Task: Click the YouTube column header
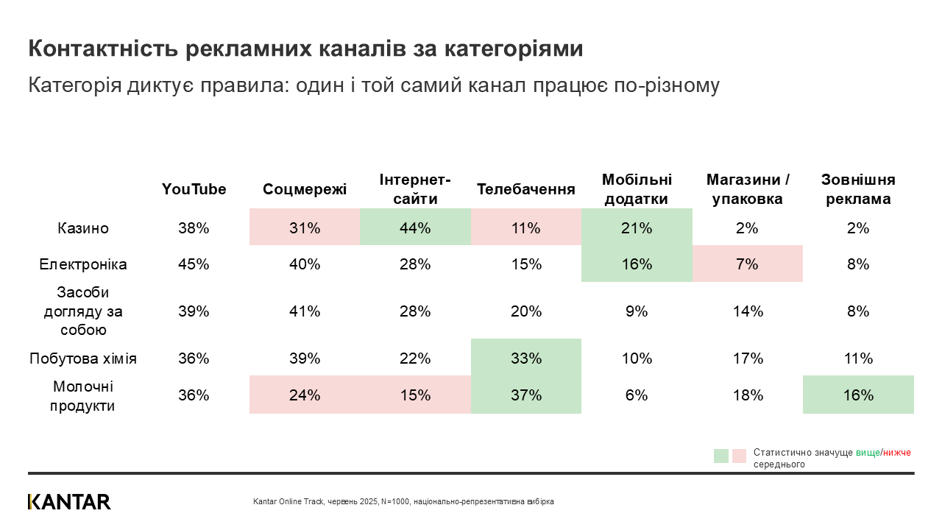coord(194,189)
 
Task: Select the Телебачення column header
coord(525,189)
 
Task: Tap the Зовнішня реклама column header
coord(858,189)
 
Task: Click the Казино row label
coord(83,228)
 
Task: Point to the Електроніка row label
coord(83,264)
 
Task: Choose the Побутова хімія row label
coord(83,358)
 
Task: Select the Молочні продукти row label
coord(83,395)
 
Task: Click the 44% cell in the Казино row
coord(415,228)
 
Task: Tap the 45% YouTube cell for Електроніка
coord(194,264)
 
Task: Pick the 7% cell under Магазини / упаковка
coord(747,264)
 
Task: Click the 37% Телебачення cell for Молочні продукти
coord(525,395)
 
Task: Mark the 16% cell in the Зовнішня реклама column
coord(858,395)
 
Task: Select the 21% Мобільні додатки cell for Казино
coord(637,228)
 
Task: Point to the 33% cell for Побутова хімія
coord(525,358)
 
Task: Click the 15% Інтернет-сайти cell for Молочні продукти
coord(415,395)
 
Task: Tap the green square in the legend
coord(721,456)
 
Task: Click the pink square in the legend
coord(739,456)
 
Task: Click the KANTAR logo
coord(70,502)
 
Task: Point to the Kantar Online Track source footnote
coord(403,501)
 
